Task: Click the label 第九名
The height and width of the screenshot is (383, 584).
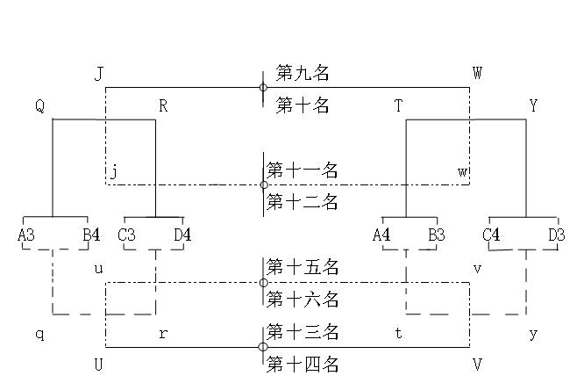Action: click(303, 73)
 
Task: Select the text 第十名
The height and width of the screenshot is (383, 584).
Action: click(303, 106)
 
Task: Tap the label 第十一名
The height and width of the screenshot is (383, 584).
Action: click(303, 170)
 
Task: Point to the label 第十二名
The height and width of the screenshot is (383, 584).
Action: click(303, 203)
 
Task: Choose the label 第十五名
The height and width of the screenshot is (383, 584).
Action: click(303, 266)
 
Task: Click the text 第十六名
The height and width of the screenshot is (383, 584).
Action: click(303, 300)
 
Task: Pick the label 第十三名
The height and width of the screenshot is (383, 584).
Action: click(303, 332)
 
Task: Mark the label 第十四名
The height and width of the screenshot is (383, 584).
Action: click(303, 365)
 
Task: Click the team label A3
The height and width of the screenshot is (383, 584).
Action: click(26, 235)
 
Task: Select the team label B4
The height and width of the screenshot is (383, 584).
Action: click(91, 235)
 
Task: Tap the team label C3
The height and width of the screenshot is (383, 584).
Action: click(126, 235)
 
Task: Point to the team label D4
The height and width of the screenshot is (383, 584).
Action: click(182, 235)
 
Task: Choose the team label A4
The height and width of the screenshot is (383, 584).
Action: click(381, 235)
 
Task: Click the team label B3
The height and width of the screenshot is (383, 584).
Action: click(437, 235)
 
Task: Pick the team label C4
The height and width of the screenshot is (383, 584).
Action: click(491, 235)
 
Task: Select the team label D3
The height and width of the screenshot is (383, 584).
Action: click(556, 235)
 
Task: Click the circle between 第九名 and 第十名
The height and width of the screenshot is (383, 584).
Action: click(263, 88)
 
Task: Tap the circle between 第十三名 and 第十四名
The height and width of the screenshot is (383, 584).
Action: click(263, 347)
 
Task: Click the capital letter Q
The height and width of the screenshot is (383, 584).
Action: click(39, 106)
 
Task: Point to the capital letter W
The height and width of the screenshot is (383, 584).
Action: click(477, 73)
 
